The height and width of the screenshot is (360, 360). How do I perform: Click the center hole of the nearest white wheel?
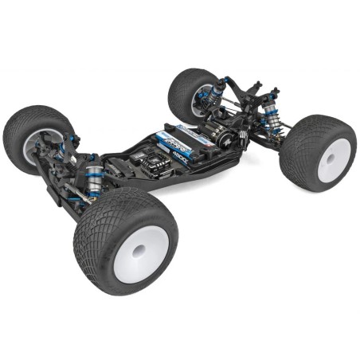tap(140, 251)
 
